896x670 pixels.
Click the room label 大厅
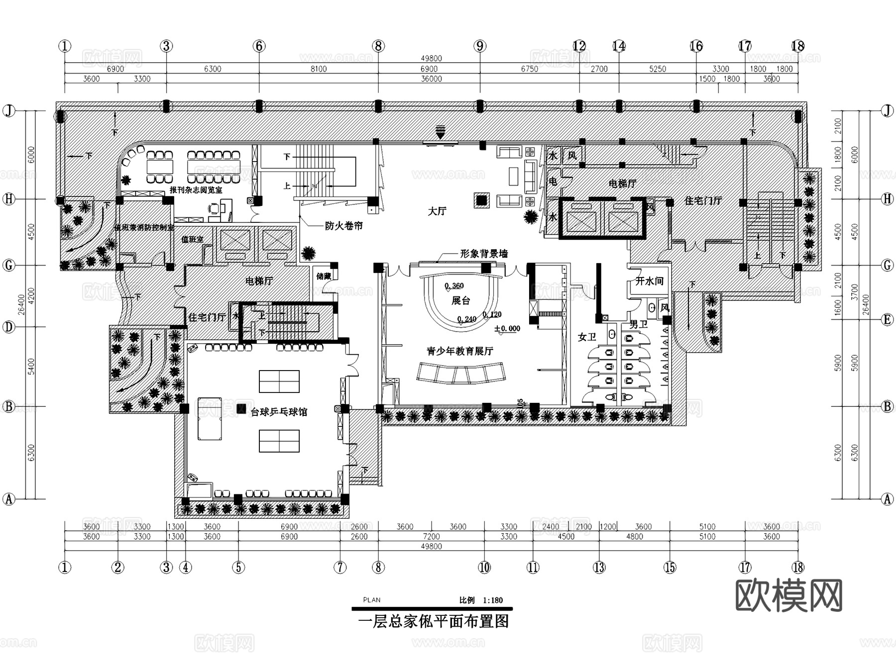coord(437,211)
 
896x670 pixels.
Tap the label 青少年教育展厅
coord(460,351)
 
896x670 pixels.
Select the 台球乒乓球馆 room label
coord(279,412)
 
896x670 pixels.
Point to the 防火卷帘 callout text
coord(343,226)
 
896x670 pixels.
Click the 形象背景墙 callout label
coord(484,254)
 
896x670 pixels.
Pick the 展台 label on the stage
coord(460,300)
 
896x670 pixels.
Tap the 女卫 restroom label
coord(587,337)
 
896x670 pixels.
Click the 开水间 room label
coord(649,281)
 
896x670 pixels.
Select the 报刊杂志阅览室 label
coord(196,190)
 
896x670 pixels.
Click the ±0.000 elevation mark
coord(507,329)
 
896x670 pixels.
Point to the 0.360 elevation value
coord(454,286)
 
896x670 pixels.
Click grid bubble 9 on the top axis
coord(479,46)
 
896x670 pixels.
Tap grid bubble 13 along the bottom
coord(599,567)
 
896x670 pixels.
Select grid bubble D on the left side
coord(9,327)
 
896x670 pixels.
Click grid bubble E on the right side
coord(888,320)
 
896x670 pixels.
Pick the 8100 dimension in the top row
coord(319,69)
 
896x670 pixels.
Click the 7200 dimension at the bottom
coord(431,536)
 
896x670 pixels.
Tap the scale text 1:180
coord(492,600)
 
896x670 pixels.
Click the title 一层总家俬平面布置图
coord(433,622)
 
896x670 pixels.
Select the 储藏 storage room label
coord(324,276)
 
